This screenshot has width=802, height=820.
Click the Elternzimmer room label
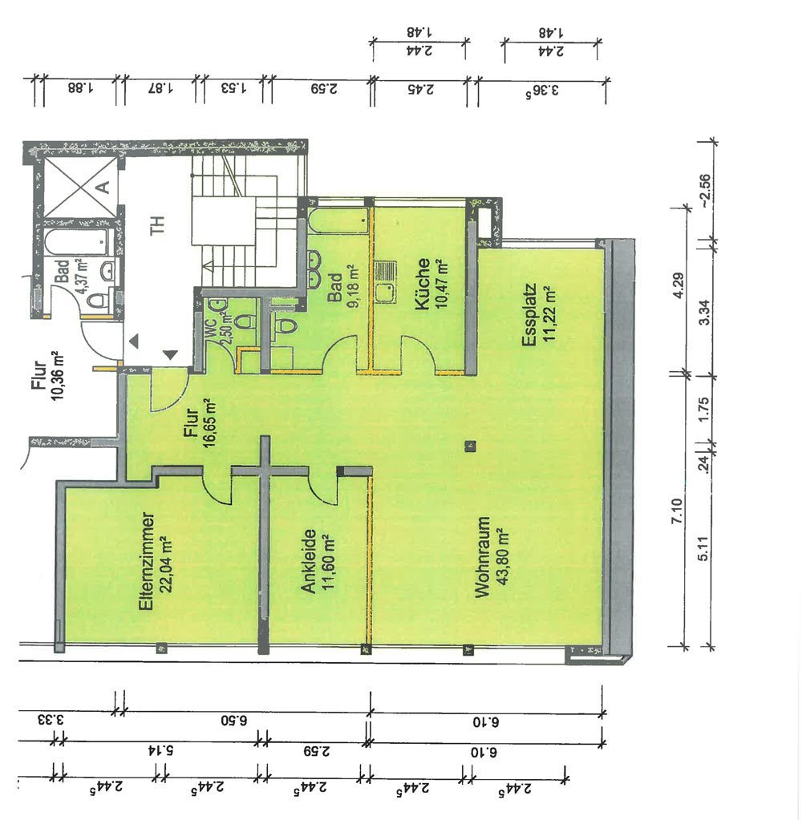[x=146, y=560]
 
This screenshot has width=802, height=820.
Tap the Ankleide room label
[x=310, y=561]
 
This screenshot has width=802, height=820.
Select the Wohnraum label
[x=482, y=557]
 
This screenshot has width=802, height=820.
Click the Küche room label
[x=422, y=284]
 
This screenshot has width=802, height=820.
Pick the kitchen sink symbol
[x=386, y=282]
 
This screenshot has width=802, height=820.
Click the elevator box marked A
[x=81, y=188]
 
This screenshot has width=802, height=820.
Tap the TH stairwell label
[x=157, y=225]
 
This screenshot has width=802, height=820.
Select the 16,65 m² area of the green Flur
[x=210, y=422]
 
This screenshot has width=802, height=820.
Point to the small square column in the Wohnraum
[x=471, y=446]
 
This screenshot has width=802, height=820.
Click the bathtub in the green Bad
[x=339, y=221]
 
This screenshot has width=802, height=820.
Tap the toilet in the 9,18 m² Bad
[x=283, y=325]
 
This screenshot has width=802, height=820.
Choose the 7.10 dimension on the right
[x=677, y=511]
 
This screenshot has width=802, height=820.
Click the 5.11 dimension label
[x=703, y=548]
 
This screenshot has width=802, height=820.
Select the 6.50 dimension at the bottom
[x=234, y=721]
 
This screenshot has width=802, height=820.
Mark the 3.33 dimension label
[x=51, y=720]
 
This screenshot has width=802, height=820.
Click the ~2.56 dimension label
[x=704, y=190]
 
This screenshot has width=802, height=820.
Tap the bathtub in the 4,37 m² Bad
[x=79, y=241]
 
